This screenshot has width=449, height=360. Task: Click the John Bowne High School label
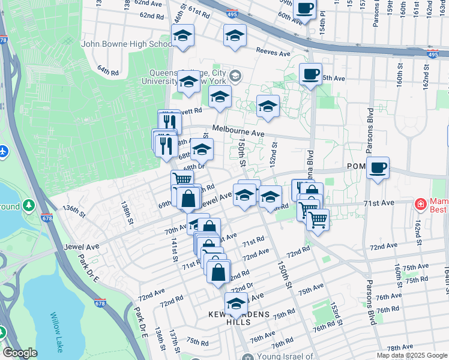coord(127,44)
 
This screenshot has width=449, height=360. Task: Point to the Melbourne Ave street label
coord(238,133)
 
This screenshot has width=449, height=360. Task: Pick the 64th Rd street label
coord(108,71)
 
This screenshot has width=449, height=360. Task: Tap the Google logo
coord(20,352)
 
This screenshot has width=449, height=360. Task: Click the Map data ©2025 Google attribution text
coord(412,355)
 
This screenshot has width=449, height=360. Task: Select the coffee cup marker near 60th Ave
coord(305,8)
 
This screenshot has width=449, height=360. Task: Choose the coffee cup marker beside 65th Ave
coord(310,75)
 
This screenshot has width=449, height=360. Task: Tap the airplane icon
coord(3,150)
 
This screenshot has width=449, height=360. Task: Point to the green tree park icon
coord(28,206)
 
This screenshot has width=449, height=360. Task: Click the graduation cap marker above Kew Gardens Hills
coord(237,303)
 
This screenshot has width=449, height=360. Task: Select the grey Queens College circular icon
coord(235,75)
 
